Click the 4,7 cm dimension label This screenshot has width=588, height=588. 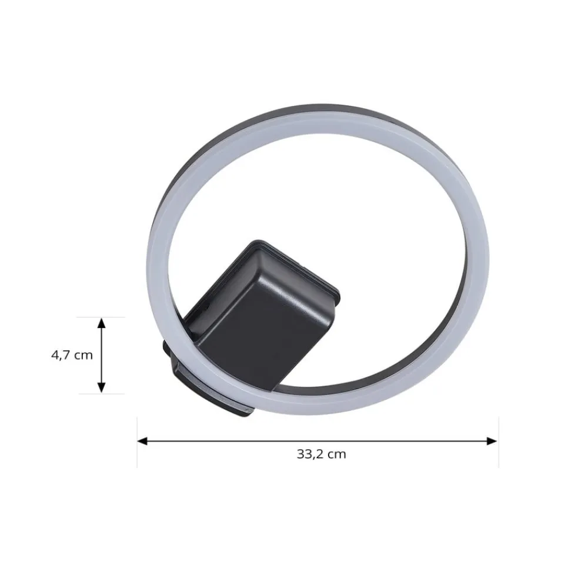[x=71, y=355]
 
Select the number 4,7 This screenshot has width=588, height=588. [x=61, y=355]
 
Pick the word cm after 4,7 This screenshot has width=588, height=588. [x=83, y=355]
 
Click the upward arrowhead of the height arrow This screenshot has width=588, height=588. [x=101, y=322]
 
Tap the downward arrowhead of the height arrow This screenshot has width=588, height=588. [x=101, y=388]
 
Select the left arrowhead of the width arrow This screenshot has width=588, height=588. [x=141, y=440]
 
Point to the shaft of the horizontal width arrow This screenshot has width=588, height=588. [x=318, y=440]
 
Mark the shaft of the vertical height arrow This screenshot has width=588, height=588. [x=101, y=355]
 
